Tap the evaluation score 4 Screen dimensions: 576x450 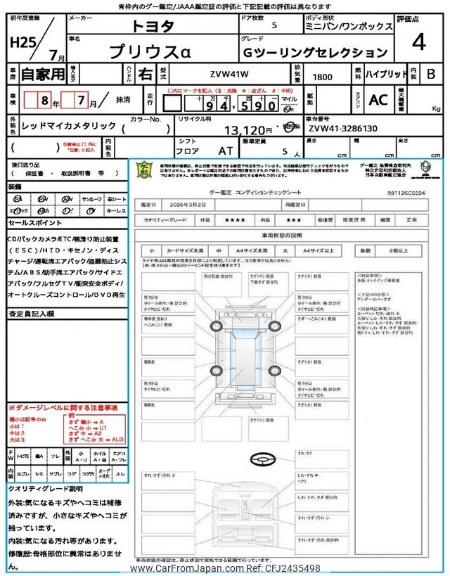pyautogui.click(x=419, y=41)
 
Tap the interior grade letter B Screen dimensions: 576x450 pyautogui.click(x=432, y=75)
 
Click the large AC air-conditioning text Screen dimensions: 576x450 pyautogui.click(x=378, y=101)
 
